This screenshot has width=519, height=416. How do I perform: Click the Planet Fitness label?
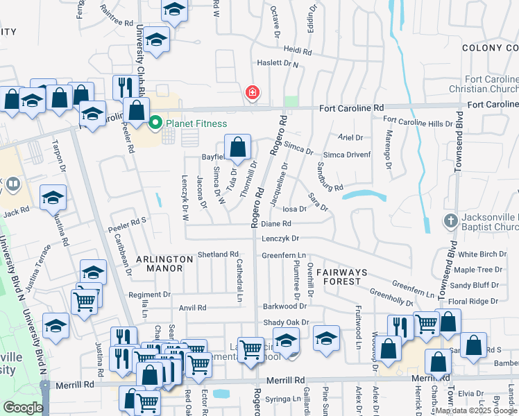(196, 124)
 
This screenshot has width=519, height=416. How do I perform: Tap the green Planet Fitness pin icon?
(155, 123)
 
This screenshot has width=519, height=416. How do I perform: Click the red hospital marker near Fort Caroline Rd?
(253, 92)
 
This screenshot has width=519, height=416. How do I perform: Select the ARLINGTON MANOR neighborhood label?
(164, 263)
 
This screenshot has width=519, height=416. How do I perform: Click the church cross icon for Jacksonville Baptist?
(451, 220)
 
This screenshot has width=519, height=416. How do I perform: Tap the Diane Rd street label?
(275, 224)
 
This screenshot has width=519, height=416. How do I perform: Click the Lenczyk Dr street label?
(280, 239)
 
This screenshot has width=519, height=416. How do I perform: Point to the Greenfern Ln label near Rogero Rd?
(284, 255)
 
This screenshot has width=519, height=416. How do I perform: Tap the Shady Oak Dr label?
(285, 322)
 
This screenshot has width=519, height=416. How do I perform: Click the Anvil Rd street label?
(192, 308)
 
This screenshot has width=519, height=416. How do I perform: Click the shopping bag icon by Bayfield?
(237, 147)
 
